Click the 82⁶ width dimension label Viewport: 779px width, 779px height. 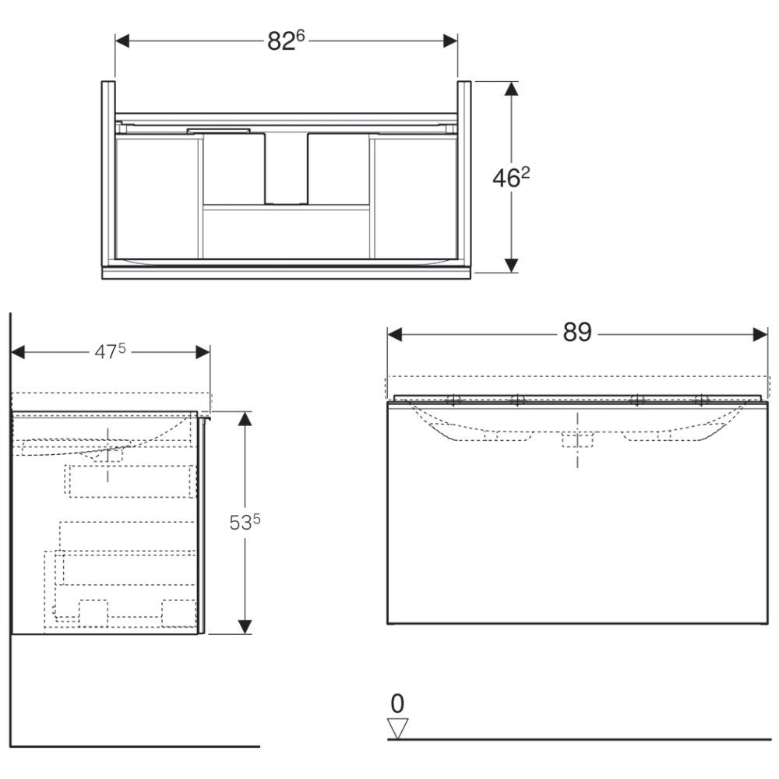click(x=286, y=41)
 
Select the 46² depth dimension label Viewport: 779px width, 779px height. click(x=511, y=177)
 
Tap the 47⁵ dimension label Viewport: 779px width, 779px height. click(x=110, y=352)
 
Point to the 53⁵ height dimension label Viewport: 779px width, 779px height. click(x=245, y=522)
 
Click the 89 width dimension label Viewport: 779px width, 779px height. click(x=576, y=333)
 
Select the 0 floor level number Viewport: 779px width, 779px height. click(x=397, y=703)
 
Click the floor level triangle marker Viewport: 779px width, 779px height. click(x=397, y=728)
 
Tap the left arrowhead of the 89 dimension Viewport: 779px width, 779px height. click(x=394, y=335)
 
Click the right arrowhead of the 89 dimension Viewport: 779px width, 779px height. click(x=760, y=335)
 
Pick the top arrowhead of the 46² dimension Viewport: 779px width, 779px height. click(x=512, y=89)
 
